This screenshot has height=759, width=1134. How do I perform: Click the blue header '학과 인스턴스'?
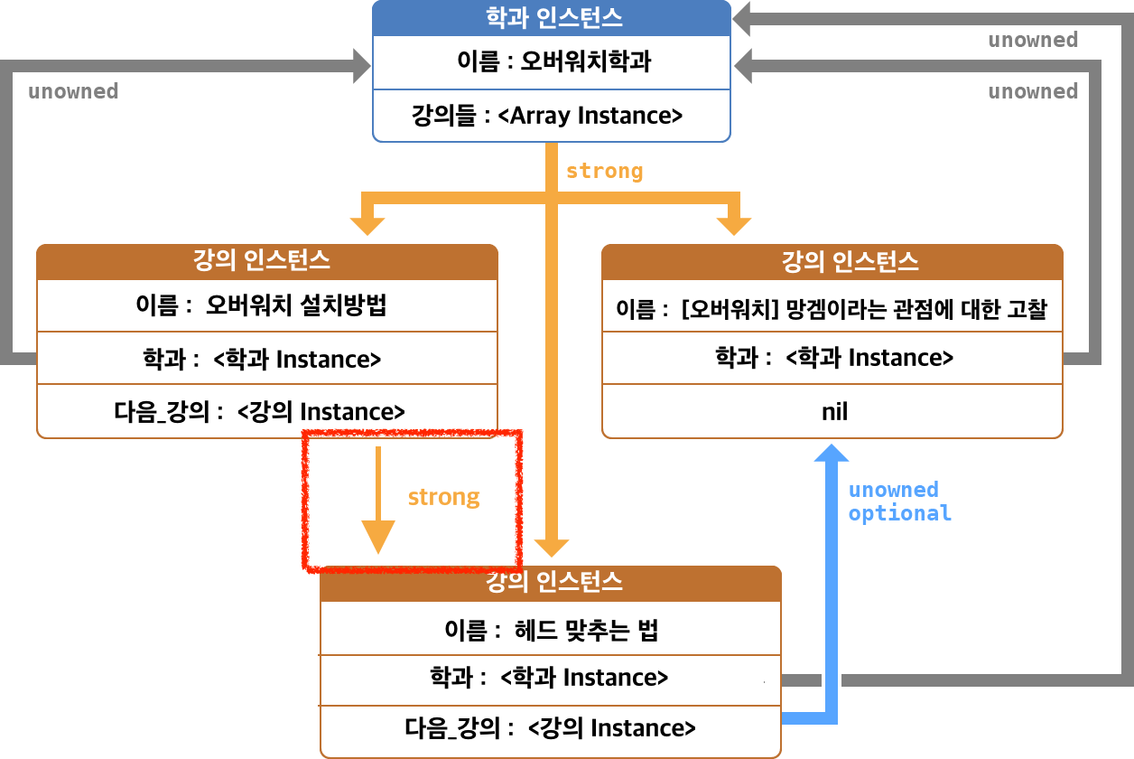tap(552, 17)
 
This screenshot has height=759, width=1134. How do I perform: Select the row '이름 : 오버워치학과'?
tap(552, 63)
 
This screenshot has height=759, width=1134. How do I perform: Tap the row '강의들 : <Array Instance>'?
tap(552, 116)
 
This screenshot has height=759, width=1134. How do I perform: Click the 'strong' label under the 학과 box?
tap(604, 171)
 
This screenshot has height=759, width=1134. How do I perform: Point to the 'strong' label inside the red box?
tap(443, 497)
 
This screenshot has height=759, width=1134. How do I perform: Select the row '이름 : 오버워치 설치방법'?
tap(267, 305)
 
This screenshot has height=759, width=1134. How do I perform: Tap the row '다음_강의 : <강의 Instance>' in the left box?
tap(267, 412)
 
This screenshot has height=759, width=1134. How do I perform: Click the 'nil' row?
tap(832, 412)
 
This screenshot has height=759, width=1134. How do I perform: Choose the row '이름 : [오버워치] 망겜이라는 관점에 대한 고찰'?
tap(832, 309)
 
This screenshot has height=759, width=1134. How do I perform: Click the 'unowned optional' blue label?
tap(899, 501)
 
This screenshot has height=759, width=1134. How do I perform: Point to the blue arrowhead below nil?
tap(827, 451)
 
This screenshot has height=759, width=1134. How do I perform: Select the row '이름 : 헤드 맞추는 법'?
tap(551, 630)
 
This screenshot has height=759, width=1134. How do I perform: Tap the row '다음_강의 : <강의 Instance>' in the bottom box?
tap(551, 728)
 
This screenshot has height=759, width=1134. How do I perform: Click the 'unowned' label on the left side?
tap(73, 91)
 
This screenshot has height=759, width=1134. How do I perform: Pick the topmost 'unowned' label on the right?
tap(1033, 40)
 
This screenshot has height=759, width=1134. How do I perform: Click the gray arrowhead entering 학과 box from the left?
tap(362, 64)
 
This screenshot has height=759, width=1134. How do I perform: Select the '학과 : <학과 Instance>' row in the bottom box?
tap(551, 678)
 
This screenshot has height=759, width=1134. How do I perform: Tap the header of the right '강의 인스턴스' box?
tap(832, 262)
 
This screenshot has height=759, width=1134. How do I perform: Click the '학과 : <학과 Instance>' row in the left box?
tap(267, 359)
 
